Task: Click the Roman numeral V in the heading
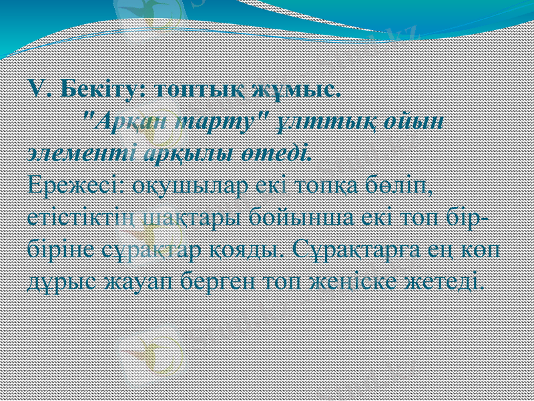[x=37, y=89]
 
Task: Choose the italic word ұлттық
[x=330, y=122]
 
